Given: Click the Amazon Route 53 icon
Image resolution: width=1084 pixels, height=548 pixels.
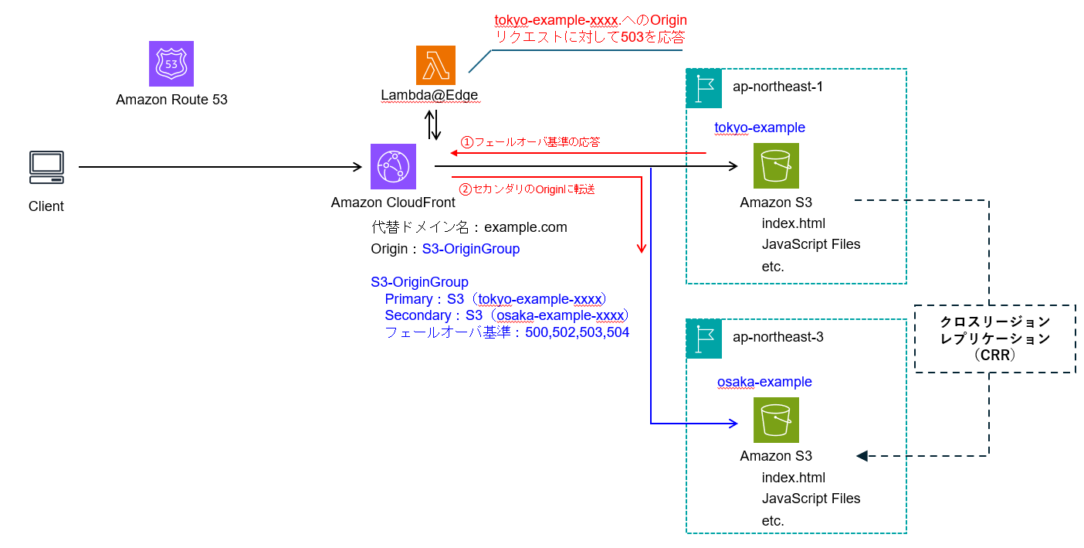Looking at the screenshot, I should click(171, 63).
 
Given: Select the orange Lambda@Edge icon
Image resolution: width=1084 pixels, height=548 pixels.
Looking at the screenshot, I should click(436, 65).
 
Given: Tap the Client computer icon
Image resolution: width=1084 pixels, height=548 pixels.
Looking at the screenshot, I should click(46, 167).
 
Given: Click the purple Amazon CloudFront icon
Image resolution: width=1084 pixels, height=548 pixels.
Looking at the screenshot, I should click(393, 166).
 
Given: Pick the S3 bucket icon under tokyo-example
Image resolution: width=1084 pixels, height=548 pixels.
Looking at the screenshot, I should click(776, 165).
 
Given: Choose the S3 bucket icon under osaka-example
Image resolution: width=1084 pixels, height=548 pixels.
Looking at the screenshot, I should click(776, 420).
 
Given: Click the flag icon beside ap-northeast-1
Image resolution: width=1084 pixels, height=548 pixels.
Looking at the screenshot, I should click(703, 87).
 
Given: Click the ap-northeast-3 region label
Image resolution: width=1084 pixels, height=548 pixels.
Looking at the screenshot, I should click(777, 338).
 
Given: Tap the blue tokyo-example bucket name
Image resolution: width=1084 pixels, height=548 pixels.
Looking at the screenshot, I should click(760, 128).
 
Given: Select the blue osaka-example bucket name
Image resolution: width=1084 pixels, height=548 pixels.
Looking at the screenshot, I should click(764, 382).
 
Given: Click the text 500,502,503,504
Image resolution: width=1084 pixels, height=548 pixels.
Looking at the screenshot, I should click(578, 333).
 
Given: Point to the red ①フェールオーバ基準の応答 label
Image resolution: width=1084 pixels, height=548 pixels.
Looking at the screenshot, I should click(530, 142).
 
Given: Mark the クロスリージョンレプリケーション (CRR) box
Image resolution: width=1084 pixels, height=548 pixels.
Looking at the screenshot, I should click(994, 339).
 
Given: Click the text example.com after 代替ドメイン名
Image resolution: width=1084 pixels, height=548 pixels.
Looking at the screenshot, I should click(526, 227).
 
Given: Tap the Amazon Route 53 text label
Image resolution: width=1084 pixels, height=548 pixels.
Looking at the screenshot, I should click(171, 100).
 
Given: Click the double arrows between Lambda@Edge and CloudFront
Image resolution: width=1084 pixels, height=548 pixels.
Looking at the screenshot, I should click(434, 124).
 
